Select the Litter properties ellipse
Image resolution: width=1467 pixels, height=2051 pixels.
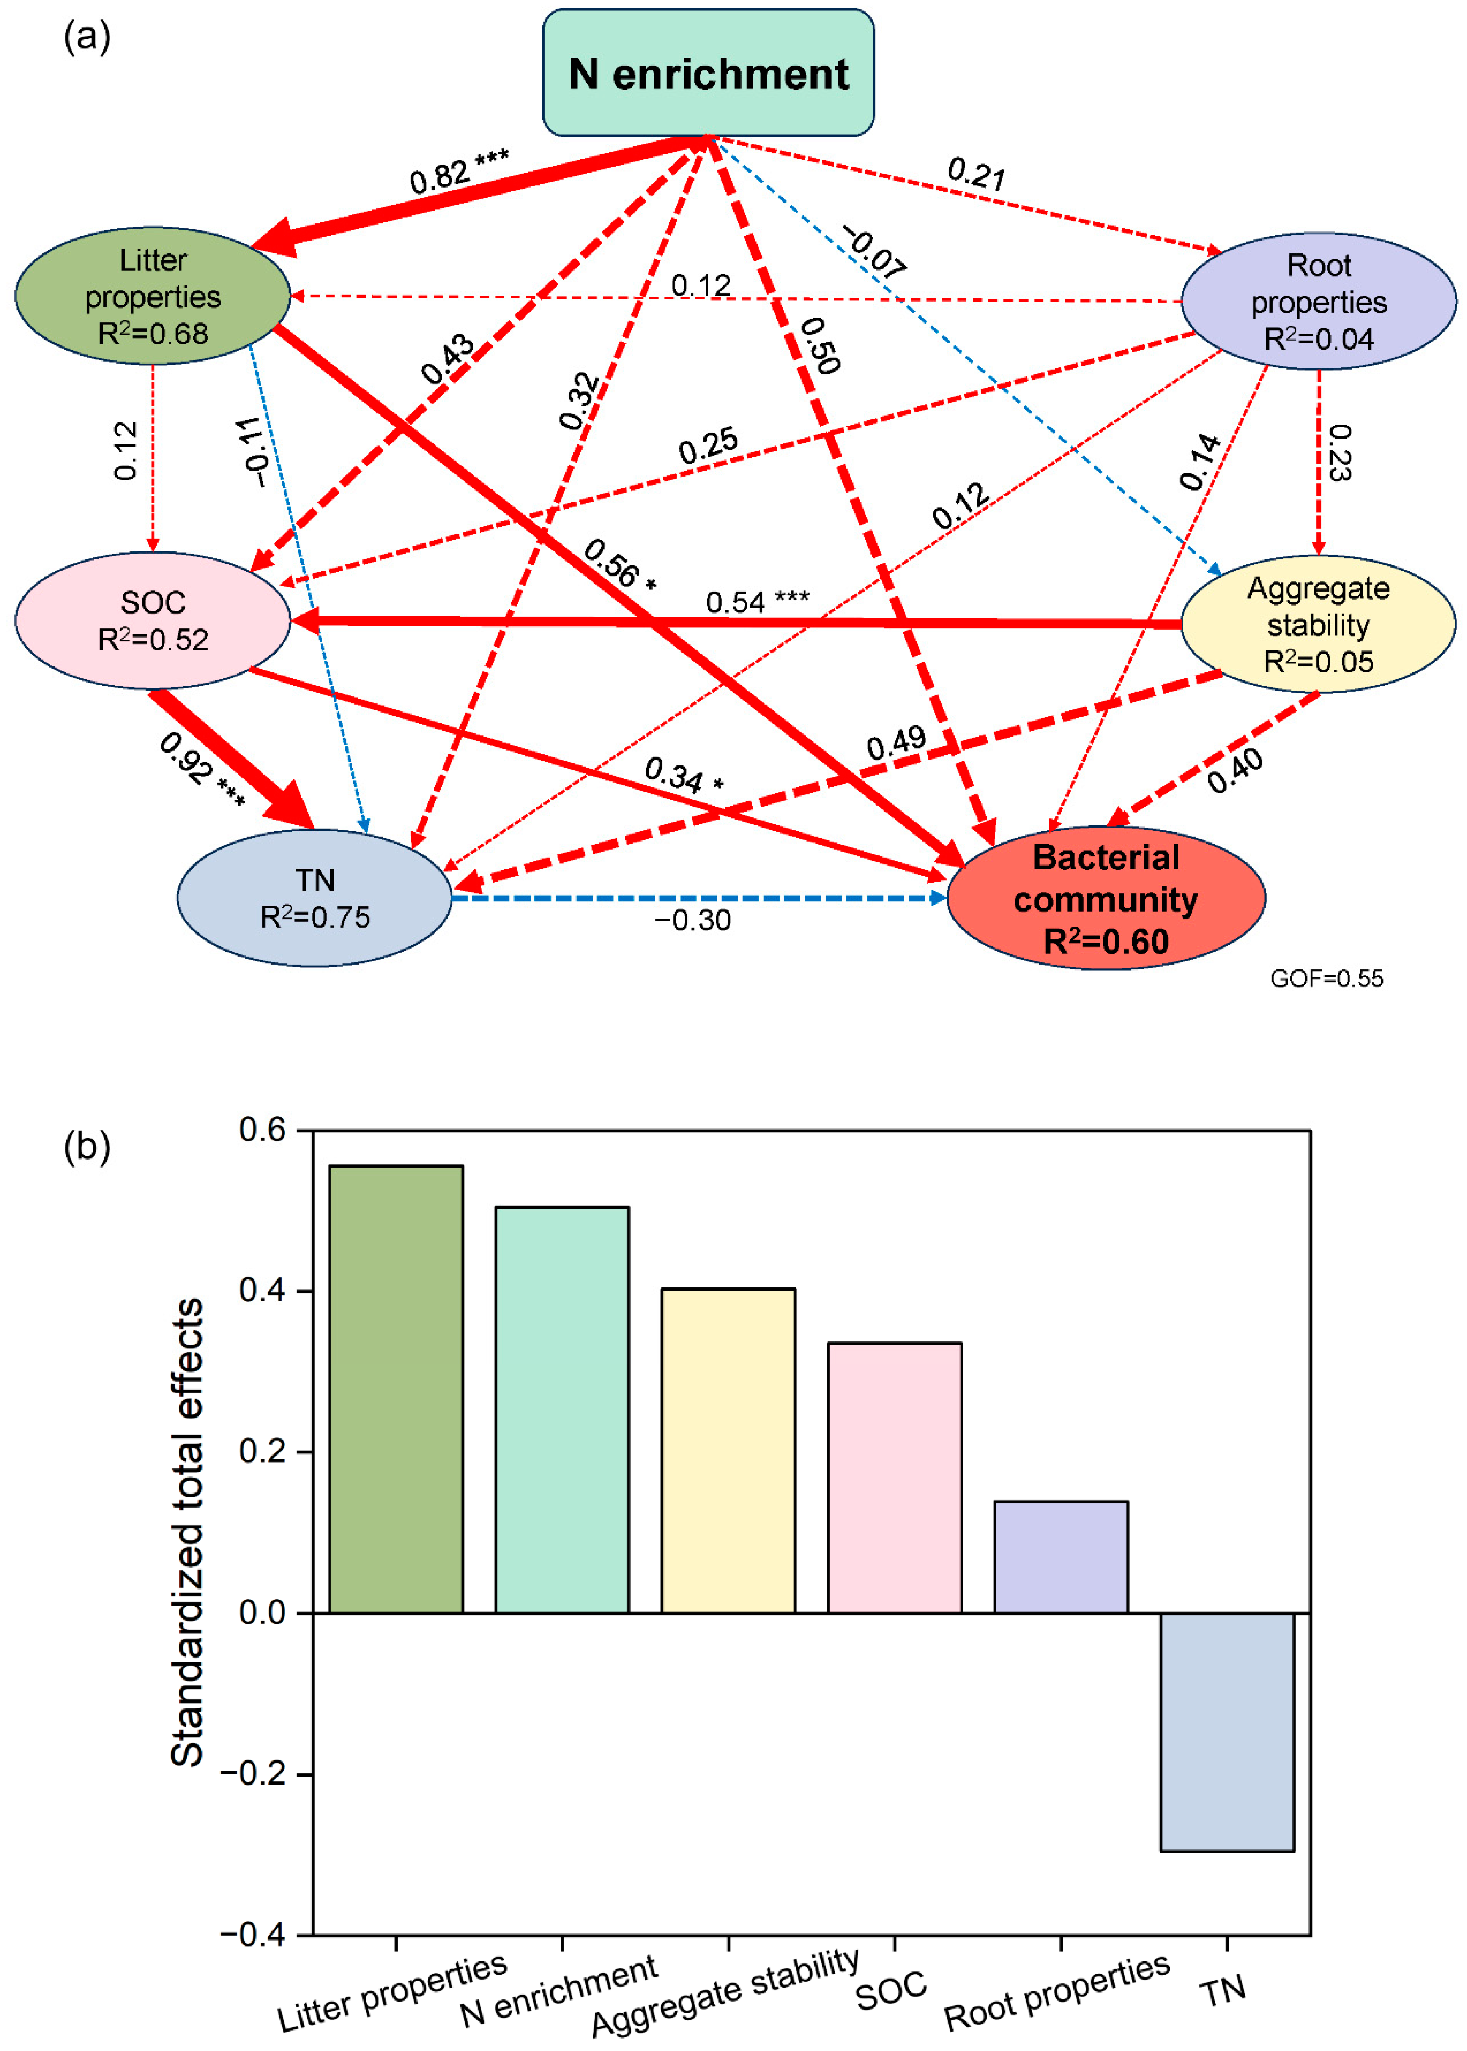[x=153, y=296]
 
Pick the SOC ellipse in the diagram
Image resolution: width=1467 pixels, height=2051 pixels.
[x=153, y=621]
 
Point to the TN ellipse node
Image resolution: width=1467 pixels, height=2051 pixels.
[x=315, y=898]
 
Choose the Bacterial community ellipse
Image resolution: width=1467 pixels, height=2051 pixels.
[x=1106, y=899]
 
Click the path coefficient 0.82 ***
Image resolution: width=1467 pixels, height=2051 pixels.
[x=459, y=171]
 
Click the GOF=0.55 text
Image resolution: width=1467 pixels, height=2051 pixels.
[x=1326, y=979]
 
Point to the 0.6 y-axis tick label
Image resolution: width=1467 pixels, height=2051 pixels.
[x=262, y=1130]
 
